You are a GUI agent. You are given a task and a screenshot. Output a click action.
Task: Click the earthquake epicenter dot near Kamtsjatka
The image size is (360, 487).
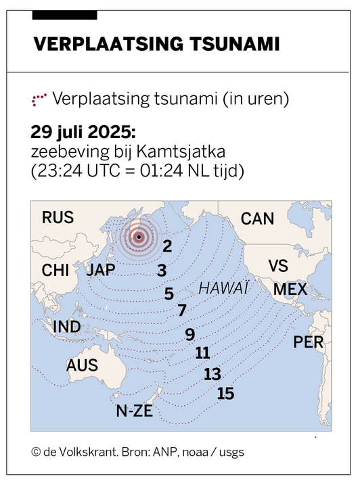pos(139,237)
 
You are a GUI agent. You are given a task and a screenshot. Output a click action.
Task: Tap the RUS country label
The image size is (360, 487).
pos(58,218)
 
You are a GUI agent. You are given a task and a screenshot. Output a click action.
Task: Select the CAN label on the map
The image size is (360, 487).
pos(257,218)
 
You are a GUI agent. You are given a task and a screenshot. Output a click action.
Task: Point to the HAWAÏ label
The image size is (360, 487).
pos(223,289)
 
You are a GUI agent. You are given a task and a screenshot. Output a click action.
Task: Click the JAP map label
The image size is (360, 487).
pos(102,270)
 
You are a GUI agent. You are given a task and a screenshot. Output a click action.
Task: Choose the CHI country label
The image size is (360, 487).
pos(55,271)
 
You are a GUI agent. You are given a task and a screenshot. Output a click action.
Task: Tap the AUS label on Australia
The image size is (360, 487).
pos(82,366)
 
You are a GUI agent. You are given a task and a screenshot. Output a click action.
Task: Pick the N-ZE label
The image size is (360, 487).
pos(134,411)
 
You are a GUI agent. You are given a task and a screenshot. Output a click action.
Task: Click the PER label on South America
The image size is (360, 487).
pos(308,342)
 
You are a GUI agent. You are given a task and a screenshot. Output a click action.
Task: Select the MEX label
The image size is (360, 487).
pos(290,290)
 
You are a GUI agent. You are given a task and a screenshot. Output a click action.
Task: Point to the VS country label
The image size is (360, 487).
pos(278,266)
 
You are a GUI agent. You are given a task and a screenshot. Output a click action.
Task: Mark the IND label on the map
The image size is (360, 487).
pos(66,327)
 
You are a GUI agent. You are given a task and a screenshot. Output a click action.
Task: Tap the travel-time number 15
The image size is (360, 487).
pos(225,394)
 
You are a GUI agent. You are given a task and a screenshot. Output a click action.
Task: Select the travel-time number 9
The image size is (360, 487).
pos(190,334)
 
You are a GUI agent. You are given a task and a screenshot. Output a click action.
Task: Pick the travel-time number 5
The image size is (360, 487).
pos(169,294)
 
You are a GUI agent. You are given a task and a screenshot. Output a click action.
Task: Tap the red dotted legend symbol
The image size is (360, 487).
pos(39,100)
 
